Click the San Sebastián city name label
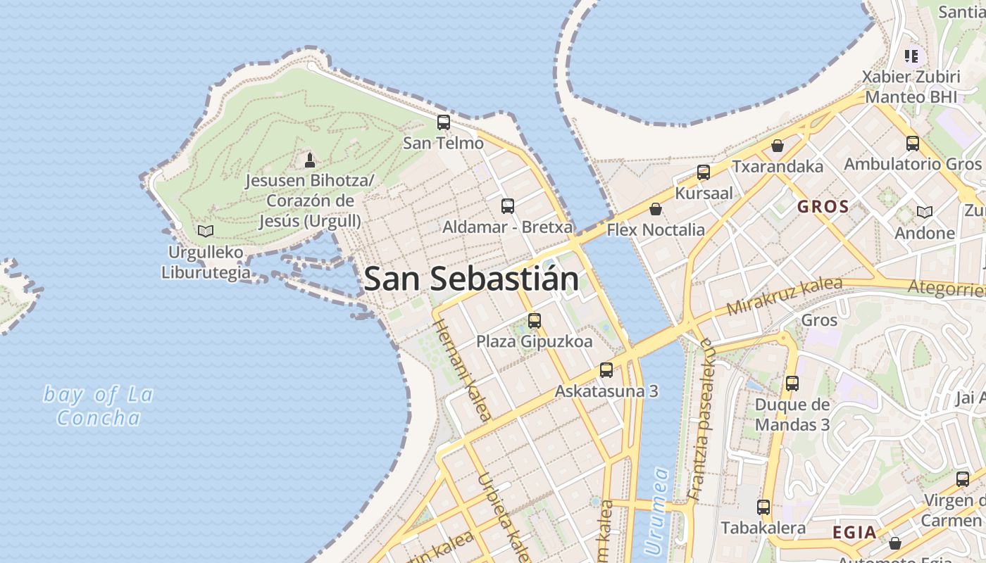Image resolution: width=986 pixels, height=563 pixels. click(x=471, y=279)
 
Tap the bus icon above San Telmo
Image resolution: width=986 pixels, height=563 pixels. click(x=443, y=122)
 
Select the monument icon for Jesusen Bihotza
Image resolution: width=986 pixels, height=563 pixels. click(x=309, y=160)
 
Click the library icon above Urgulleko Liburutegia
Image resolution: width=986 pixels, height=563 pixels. click(x=206, y=231)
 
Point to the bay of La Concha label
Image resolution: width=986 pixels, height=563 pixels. click(x=98, y=406)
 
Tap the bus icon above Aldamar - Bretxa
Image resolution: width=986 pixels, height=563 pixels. click(x=507, y=206)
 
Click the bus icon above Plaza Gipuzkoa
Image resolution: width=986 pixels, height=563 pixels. click(x=534, y=321)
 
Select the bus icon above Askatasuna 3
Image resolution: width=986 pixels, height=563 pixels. click(x=606, y=369)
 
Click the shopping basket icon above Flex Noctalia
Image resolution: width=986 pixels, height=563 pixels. click(x=656, y=209)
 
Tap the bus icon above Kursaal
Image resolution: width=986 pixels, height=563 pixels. click(x=703, y=172)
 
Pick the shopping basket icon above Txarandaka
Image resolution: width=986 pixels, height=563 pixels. click(x=778, y=146)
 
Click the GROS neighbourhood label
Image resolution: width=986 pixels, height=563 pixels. click(x=823, y=207)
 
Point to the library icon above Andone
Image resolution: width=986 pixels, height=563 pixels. click(x=924, y=212)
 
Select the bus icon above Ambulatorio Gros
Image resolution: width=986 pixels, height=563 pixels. click(x=912, y=144)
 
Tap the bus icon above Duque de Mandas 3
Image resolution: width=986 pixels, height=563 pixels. click(x=792, y=384)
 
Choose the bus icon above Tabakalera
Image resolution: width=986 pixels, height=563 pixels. click(x=763, y=507)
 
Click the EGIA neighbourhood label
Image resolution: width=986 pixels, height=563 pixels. click(x=854, y=532)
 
